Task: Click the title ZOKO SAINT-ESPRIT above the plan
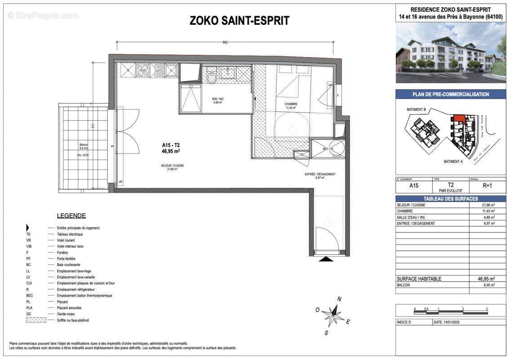click(239, 21)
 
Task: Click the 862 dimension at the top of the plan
click(225, 42)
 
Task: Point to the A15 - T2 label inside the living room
click(171, 145)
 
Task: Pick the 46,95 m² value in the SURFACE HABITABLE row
click(486, 279)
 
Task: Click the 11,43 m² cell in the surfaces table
click(488, 211)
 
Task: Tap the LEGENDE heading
click(71, 216)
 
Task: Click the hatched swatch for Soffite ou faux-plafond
click(36, 320)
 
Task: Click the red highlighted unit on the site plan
click(459, 118)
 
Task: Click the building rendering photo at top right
click(451, 53)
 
